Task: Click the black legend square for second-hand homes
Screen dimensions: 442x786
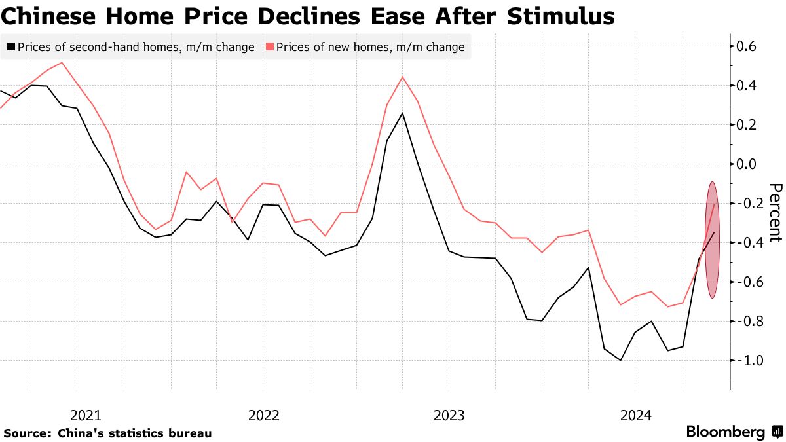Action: point(11,47)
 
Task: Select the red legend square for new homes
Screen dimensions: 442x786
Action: point(269,47)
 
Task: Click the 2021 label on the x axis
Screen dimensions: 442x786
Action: point(85,415)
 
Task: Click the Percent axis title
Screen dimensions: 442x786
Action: point(775,212)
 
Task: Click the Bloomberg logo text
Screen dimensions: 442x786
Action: point(726,432)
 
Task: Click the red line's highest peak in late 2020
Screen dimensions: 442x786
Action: point(62,62)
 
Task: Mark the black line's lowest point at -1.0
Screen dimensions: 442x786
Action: point(620,360)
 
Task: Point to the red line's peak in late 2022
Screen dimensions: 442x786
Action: point(402,77)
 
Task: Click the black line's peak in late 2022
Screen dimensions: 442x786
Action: point(402,113)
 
